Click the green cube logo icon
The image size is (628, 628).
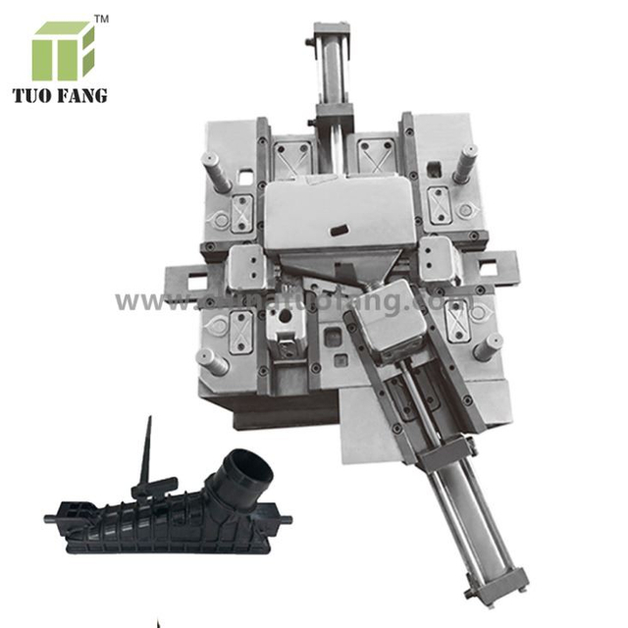[x=64, y=50]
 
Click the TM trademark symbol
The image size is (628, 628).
[x=101, y=19]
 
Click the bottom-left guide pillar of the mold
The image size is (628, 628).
[x=213, y=362]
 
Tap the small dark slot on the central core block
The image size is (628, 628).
[x=340, y=229]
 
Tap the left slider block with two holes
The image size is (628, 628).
[x=245, y=265]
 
